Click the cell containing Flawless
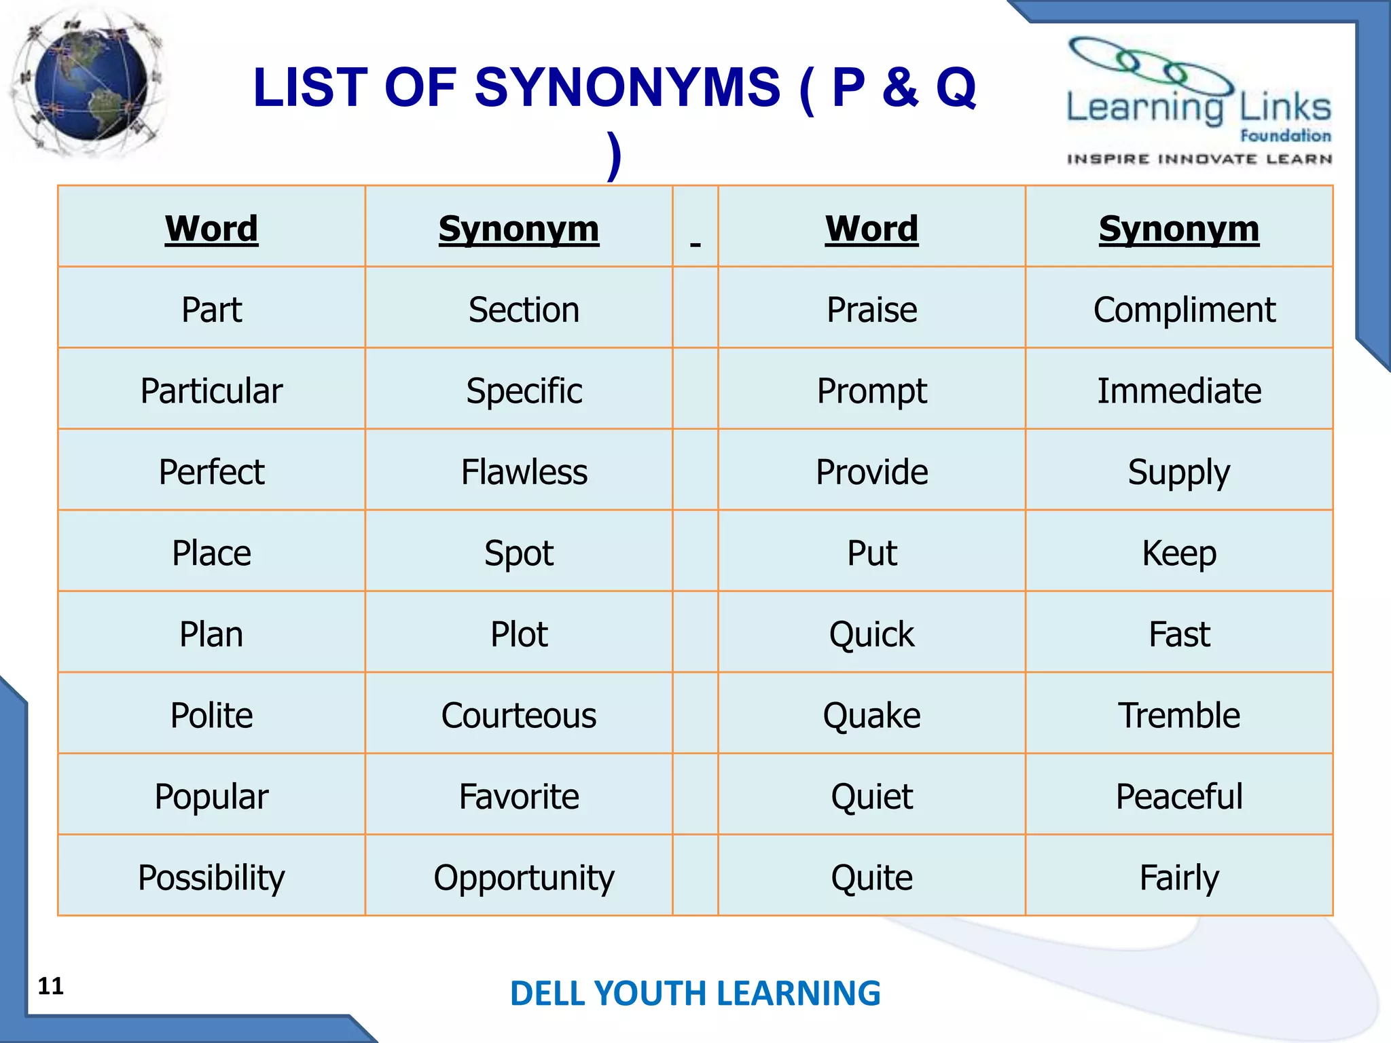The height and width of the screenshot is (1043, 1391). [x=524, y=472]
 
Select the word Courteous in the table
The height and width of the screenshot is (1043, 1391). [x=518, y=715]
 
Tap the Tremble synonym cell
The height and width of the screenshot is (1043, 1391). [x=1179, y=715]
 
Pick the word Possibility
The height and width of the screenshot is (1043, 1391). [x=211, y=877]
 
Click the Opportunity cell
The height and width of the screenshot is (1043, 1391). [x=524, y=877]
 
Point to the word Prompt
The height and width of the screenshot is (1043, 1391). [x=871, y=391]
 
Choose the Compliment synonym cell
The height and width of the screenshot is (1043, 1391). [x=1184, y=310]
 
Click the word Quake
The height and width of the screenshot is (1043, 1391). [x=871, y=715]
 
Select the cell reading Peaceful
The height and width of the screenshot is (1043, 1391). [x=1179, y=796]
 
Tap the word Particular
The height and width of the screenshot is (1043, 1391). [x=211, y=391]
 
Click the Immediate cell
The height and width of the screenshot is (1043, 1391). [x=1179, y=391]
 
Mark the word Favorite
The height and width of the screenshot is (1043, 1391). [x=518, y=796]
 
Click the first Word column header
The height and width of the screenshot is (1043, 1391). [x=211, y=228]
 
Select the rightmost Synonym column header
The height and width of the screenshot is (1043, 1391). [x=1179, y=228]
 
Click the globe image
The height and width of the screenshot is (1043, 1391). [x=90, y=85]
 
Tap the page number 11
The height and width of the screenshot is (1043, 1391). [x=50, y=986]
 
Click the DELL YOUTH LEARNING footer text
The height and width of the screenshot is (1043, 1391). [x=695, y=993]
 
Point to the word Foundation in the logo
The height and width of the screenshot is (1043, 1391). [x=1285, y=136]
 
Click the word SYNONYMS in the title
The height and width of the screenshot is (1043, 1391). [x=628, y=88]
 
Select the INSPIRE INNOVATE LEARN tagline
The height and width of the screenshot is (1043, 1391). [x=1199, y=159]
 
